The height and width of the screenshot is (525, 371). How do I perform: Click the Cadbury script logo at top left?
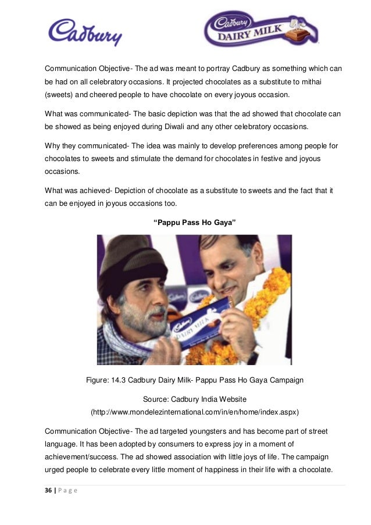(x=85, y=31)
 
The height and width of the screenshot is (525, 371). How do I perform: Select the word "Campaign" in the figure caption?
(x=284, y=380)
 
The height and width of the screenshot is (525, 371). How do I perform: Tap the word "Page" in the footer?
(x=68, y=491)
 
